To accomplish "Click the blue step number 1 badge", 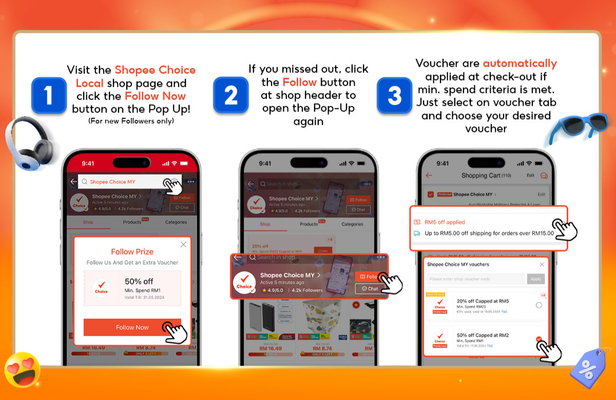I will click(x=49, y=95).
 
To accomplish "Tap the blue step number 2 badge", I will click(x=230, y=95).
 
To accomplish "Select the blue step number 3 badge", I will click(x=394, y=95).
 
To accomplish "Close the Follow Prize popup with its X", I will click(x=183, y=245).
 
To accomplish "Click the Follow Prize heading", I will click(x=132, y=252).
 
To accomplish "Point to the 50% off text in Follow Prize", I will click(x=139, y=281).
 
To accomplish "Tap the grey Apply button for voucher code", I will click(x=536, y=279).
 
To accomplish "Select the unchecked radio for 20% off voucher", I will click(x=538, y=305).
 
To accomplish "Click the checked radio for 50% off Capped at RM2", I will click(x=538, y=339).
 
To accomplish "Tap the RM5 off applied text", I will click(x=445, y=222).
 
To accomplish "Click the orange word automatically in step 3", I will click(x=519, y=64).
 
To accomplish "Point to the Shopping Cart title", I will click(x=480, y=176).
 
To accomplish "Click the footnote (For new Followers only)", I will click(x=131, y=121).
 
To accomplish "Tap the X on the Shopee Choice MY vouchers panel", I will click(x=542, y=264).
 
